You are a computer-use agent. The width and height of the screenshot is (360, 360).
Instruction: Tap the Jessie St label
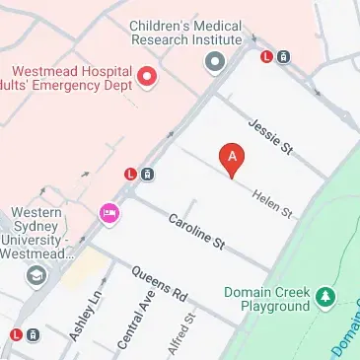[x=271, y=136]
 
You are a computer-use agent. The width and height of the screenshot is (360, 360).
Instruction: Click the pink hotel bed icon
[x=108, y=211]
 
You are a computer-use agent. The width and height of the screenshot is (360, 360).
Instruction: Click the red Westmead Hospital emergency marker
[x=148, y=76]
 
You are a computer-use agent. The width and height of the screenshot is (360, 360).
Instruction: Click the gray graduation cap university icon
[x=36, y=274]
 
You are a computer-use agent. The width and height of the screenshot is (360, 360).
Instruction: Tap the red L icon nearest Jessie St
[x=265, y=56]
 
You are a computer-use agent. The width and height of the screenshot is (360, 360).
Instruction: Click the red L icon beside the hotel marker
[x=130, y=176]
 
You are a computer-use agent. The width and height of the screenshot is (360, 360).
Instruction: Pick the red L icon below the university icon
[x=16, y=334]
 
